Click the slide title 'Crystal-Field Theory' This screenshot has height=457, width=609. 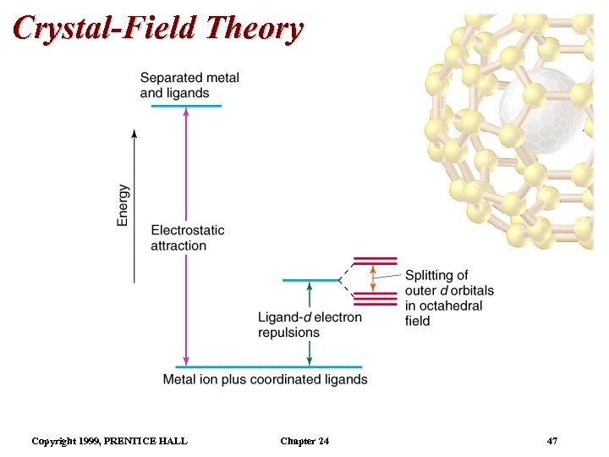158,28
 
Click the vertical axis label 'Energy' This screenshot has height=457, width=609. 123,205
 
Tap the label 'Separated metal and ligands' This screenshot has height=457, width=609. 189,85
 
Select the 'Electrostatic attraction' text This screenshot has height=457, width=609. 188,238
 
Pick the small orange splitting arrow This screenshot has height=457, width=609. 373,278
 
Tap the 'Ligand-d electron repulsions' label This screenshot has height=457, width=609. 310,325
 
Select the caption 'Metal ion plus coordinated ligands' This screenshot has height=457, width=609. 265,379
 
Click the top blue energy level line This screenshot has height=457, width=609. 186,106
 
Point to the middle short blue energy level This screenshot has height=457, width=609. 310,280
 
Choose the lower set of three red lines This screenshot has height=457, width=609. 373,298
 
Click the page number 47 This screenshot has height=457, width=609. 552,441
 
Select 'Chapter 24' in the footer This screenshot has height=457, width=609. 304,441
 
